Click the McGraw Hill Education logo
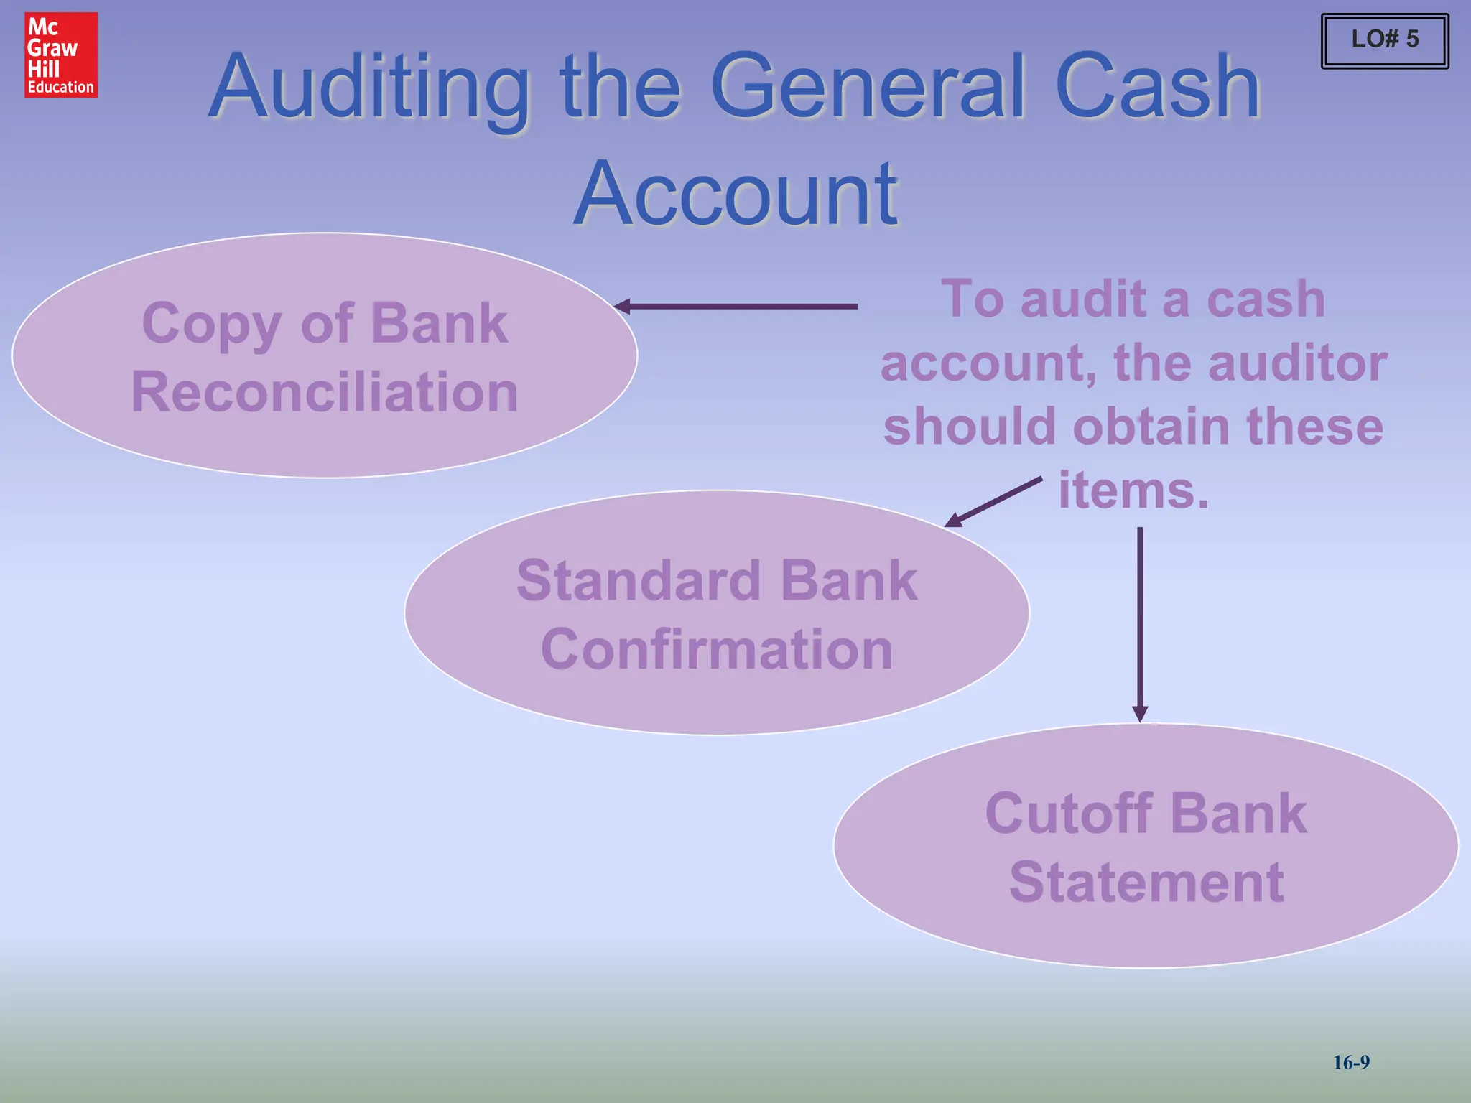click(61, 55)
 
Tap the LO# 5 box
click(1385, 40)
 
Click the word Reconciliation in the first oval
click(325, 392)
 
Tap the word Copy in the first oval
click(211, 325)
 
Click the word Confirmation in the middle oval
click(717, 649)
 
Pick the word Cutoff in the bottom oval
click(1069, 813)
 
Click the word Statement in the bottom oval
click(1146, 882)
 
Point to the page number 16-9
click(1351, 1062)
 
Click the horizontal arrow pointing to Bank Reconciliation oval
click(736, 307)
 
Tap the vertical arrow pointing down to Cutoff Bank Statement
click(1140, 625)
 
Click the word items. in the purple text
click(1133, 491)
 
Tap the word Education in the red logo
click(61, 88)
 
